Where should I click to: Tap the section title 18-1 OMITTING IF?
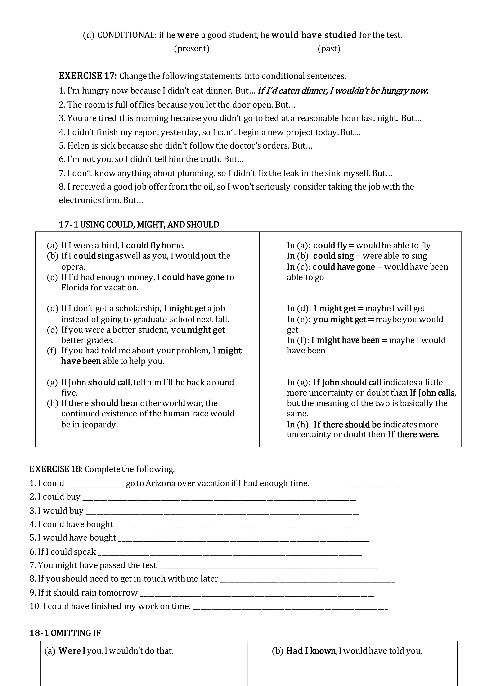coord(65,633)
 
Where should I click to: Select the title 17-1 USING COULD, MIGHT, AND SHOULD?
coord(139,225)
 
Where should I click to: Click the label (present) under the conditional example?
coord(192,48)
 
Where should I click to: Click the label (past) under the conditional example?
coord(329,48)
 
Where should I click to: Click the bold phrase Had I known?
coord(311,651)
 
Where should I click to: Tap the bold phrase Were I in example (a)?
coord(72,651)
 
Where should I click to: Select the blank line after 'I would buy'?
coord(222,511)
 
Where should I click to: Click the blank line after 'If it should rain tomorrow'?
coord(257,593)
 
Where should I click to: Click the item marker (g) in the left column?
coord(52,382)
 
